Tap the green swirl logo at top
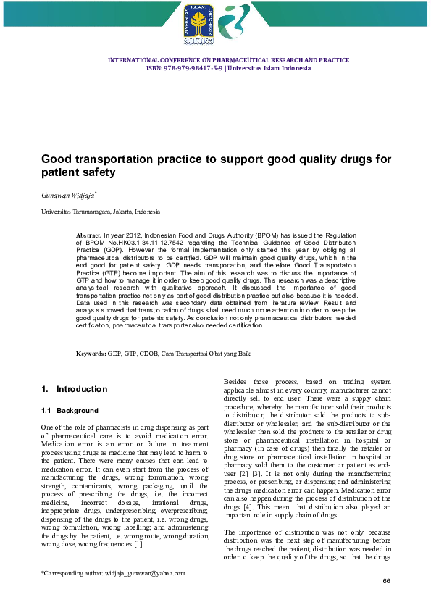tap(233, 24)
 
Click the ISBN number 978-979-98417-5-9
tap(185, 68)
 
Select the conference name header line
tap(228, 60)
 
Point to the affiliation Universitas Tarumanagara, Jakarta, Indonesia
tap(100, 212)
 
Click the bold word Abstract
tap(89, 236)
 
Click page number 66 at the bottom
tap(386, 582)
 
